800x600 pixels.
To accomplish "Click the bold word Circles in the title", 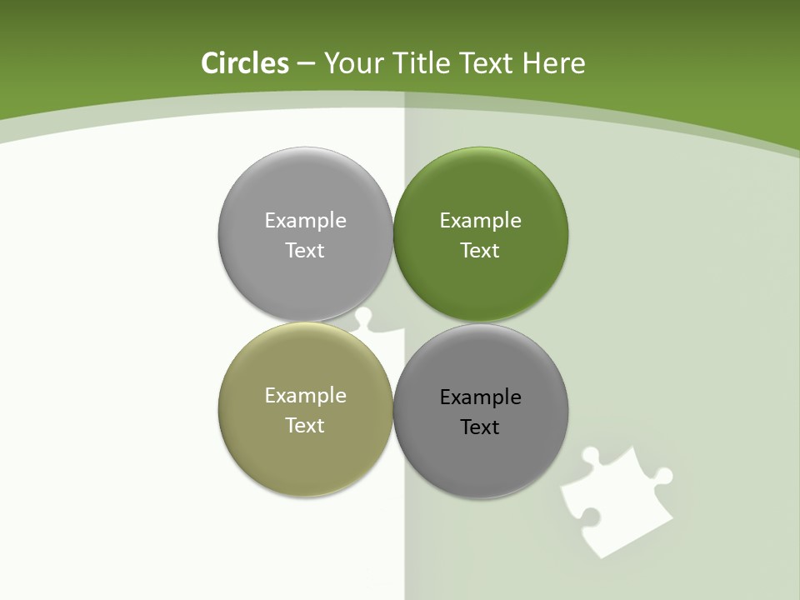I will (x=244, y=63).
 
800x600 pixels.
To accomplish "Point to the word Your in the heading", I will (x=354, y=63).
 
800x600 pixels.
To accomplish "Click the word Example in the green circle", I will (x=480, y=221).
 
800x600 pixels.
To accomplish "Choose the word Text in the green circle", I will (x=480, y=251).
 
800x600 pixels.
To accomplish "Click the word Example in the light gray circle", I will (x=305, y=221).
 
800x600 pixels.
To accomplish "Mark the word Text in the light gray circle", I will (x=305, y=251).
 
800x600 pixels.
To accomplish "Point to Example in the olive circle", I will (x=305, y=396).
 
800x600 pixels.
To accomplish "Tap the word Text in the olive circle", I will (x=305, y=426).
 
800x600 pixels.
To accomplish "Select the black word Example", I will (x=480, y=397).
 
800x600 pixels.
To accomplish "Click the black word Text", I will (x=480, y=427).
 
